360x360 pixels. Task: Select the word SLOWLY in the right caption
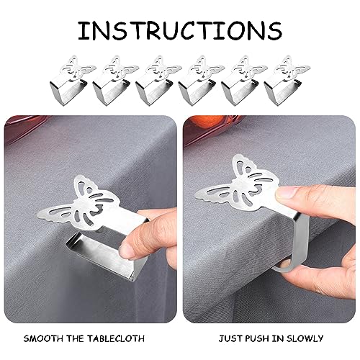pyautogui.click(x=305, y=337)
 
